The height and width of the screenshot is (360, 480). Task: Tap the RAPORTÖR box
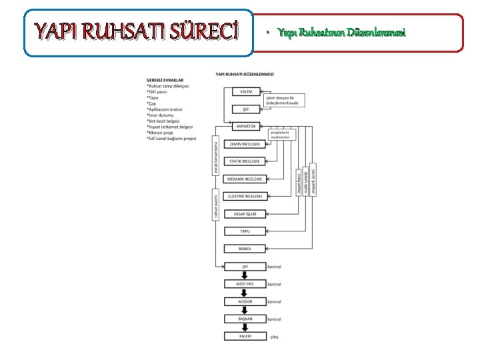pyautogui.click(x=245, y=125)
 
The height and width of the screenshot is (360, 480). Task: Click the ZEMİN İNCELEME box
pyautogui.click(x=245, y=143)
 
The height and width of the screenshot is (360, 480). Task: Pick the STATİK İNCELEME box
pyautogui.click(x=245, y=161)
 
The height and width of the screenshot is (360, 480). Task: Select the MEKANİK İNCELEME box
pyautogui.click(x=245, y=179)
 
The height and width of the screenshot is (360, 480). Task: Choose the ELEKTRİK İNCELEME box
pyautogui.click(x=245, y=196)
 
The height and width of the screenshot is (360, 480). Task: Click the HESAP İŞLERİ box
pyautogui.click(x=245, y=213)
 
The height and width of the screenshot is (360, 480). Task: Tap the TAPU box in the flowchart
pyautogui.click(x=245, y=231)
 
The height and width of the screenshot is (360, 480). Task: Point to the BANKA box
pyautogui.click(x=245, y=248)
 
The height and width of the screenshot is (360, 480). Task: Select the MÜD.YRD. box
pyautogui.click(x=245, y=283)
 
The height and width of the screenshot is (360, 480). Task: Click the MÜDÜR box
pyautogui.click(x=245, y=301)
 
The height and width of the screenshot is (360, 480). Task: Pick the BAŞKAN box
pyautogui.click(x=245, y=319)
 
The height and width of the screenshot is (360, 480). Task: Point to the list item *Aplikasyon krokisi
pyautogui.click(x=168, y=109)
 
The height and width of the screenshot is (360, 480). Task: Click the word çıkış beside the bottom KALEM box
pyautogui.click(x=274, y=337)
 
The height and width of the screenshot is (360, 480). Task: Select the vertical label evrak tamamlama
pyautogui.click(x=216, y=157)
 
